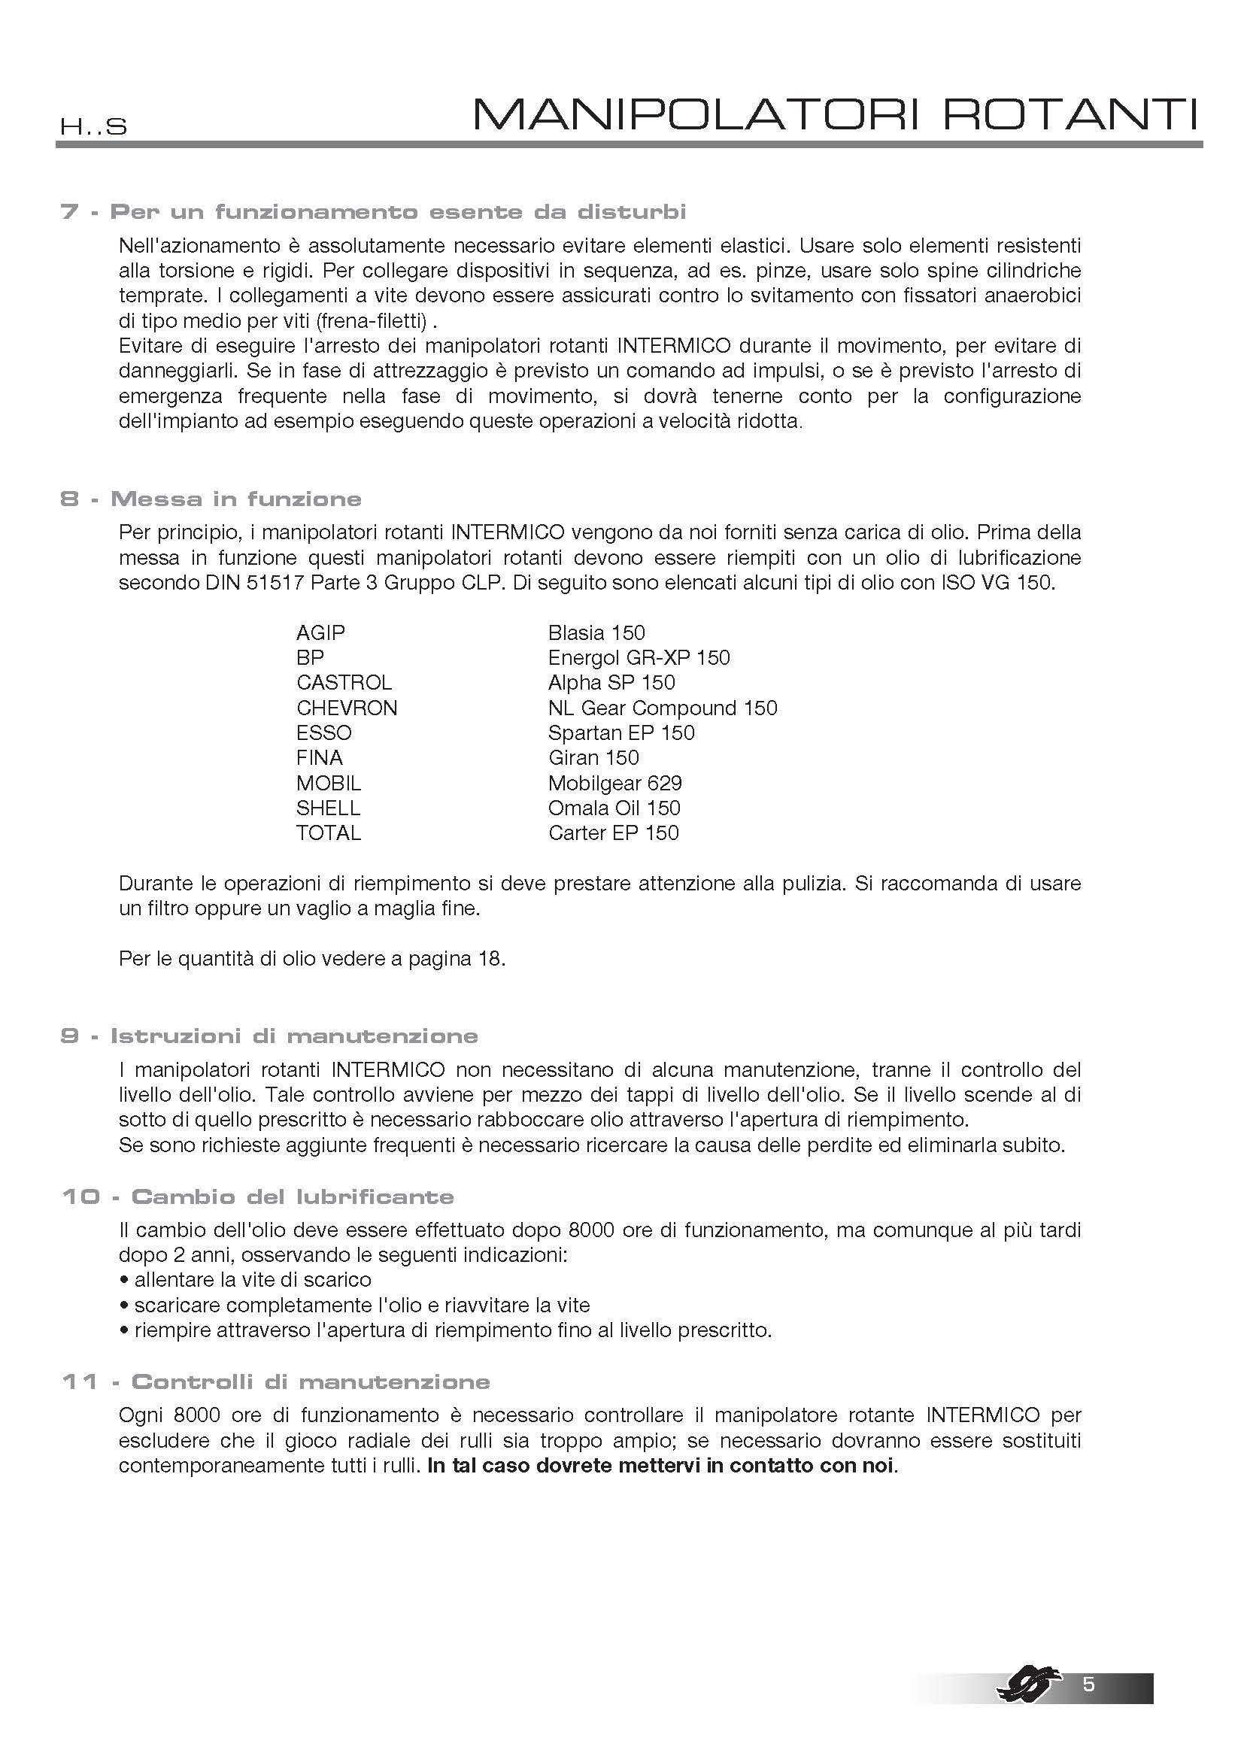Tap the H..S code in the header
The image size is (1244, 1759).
click(93, 127)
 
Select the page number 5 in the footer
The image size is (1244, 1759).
click(1088, 1684)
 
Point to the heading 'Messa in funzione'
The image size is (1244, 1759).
click(236, 499)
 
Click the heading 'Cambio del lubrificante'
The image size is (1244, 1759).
click(293, 1196)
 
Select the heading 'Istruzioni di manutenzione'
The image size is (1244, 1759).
click(294, 1036)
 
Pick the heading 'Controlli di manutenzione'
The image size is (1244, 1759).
click(310, 1381)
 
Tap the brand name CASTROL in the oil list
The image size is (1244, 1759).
click(344, 683)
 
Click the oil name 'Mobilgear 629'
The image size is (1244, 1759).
click(615, 783)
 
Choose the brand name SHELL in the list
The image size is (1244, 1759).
click(328, 808)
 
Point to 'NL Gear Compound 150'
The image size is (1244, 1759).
click(663, 708)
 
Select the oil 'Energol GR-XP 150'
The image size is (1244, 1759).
click(639, 657)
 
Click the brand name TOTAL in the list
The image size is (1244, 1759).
click(329, 832)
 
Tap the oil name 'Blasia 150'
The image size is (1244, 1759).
click(596, 632)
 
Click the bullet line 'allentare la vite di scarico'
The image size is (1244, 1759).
click(253, 1280)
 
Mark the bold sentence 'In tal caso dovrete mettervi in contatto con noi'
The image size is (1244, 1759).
click(661, 1466)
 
